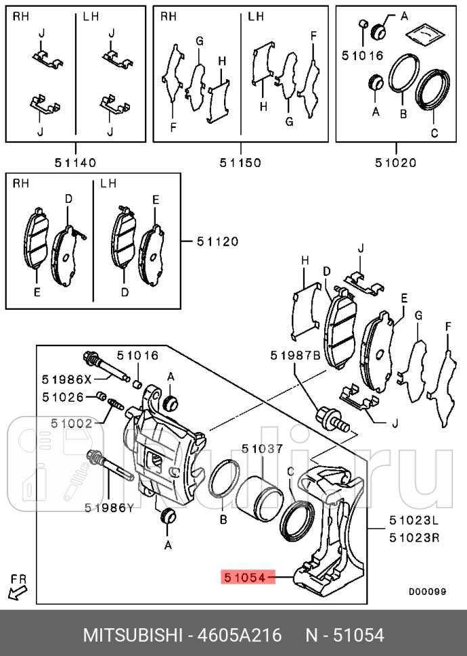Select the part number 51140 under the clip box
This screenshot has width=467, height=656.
click(75, 162)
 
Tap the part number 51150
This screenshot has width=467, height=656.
click(240, 162)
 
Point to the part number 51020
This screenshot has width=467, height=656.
click(397, 162)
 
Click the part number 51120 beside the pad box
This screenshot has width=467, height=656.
click(217, 241)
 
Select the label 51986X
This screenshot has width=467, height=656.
click(66, 379)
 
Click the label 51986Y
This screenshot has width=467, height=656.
click(109, 507)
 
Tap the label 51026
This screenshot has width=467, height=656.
click(63, 397)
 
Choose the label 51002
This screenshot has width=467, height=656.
click(71, 423)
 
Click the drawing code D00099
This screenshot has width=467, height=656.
click(427, 591)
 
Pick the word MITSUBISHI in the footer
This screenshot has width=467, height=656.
click(133, 636)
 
